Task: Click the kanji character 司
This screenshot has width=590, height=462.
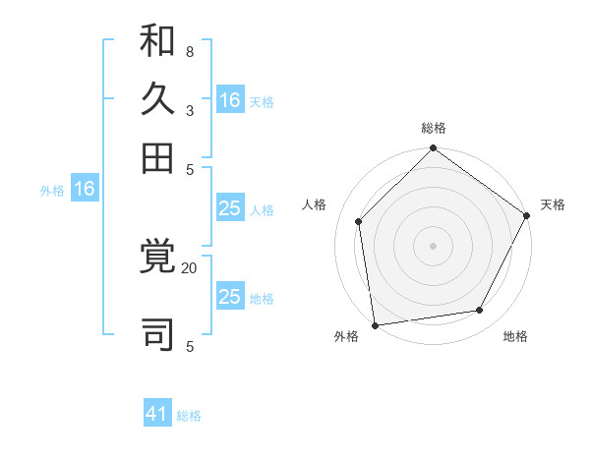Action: [x=158, y=331]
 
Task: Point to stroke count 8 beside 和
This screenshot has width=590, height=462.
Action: [x=190, y=51]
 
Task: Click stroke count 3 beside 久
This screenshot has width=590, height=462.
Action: [x=190, y=111]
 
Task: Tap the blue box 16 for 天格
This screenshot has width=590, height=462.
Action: [x=230, y=100]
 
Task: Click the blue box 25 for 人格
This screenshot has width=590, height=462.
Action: [x=229, y=207]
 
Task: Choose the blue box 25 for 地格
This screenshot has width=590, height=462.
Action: [x=229, y=297]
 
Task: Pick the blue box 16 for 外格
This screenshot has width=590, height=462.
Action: [x=85, y=190]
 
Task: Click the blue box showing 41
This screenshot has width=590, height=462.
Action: [x=157, y=415]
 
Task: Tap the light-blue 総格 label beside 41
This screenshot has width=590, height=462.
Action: [x=189, y=416]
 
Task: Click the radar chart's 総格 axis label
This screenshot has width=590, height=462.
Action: [x=433, y=129]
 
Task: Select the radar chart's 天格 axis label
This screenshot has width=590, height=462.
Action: [x=553, y=204]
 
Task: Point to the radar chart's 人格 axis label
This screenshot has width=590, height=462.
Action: [x=315, y=204]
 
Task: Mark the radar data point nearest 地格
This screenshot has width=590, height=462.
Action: [x=480, y=311]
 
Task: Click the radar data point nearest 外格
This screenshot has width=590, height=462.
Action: [x=375, y=324]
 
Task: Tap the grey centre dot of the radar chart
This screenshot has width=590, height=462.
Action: [x=433, y=245]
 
